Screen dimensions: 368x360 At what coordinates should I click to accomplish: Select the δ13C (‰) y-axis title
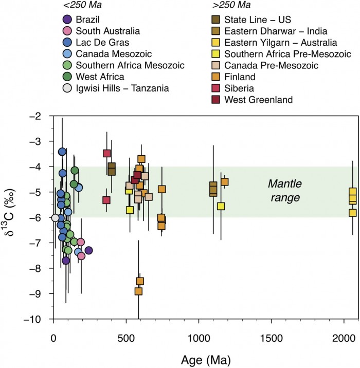(14, 218)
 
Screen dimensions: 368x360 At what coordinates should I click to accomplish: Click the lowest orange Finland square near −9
(138, 291)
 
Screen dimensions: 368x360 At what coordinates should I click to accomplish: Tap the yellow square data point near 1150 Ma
(221, 206)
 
